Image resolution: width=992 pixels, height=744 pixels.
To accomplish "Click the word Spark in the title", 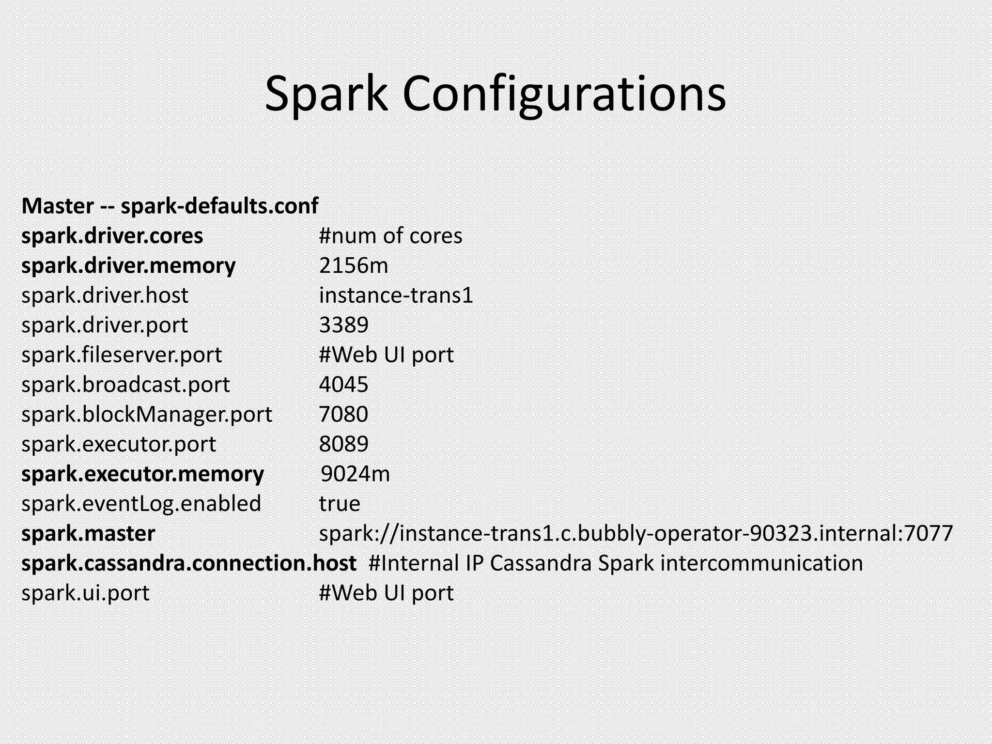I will (326, 94).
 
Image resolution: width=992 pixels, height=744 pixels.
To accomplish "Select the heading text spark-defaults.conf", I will (219, 206).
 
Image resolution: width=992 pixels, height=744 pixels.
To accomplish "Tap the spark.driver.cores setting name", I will (112, 236).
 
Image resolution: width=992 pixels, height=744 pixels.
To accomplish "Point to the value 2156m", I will (354, 265).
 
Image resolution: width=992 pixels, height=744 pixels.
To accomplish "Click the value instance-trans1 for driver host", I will (396, 295).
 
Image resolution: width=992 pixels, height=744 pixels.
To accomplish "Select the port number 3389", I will (343, 325).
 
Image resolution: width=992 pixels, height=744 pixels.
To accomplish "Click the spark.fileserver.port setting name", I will (121, 355).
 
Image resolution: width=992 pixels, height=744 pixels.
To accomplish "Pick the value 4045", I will (343, 385).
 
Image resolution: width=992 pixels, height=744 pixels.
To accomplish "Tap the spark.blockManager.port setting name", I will (146, 414).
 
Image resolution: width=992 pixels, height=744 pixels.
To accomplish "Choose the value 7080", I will (343, 414).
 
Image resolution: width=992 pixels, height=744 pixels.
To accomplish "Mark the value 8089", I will (343, 444).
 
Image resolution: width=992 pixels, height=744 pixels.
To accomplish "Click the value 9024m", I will (355, 474).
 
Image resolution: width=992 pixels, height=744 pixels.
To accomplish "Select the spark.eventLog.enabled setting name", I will (141, 504).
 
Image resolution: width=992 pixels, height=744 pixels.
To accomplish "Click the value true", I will (340, 504).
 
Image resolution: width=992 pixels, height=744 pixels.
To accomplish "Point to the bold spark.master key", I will (88, 533).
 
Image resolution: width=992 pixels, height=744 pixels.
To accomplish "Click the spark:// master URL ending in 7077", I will (635, 533).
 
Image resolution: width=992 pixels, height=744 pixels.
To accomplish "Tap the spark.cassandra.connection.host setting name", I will (188, 563).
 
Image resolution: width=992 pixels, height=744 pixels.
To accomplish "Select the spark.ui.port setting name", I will (85, 593).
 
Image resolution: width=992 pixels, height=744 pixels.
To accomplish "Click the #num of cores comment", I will (390, 236).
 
